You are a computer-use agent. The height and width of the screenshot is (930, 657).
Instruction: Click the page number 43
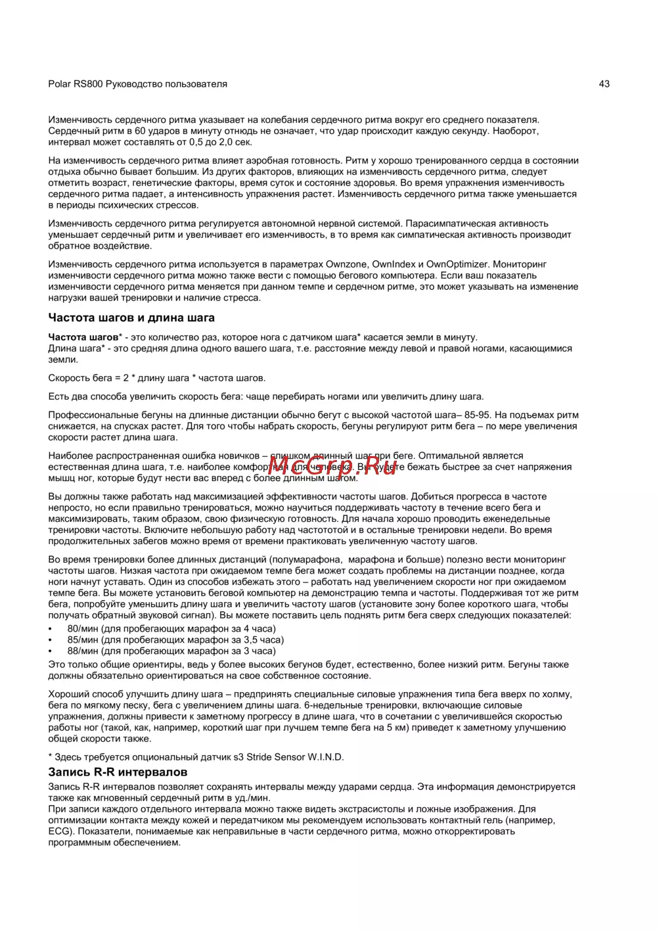pyautogui.click(x=604, y=83)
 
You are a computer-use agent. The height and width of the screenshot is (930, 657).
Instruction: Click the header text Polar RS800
pyautogui.click(x=76, y=84)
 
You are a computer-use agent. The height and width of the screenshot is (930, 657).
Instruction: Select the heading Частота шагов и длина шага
pyautogui.click(x=131, y=318)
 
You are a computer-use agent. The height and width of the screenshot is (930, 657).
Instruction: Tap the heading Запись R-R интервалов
pyautogui.click(x=118, y=772)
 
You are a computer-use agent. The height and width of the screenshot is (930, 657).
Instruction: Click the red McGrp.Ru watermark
pyautogui.click(x=332, y=466)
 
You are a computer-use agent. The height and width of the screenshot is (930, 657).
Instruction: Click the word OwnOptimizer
pyautogui.click(x=457, y=264)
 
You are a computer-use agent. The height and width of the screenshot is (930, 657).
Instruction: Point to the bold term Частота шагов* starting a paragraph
pyautogui.click(x=85, y=337)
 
